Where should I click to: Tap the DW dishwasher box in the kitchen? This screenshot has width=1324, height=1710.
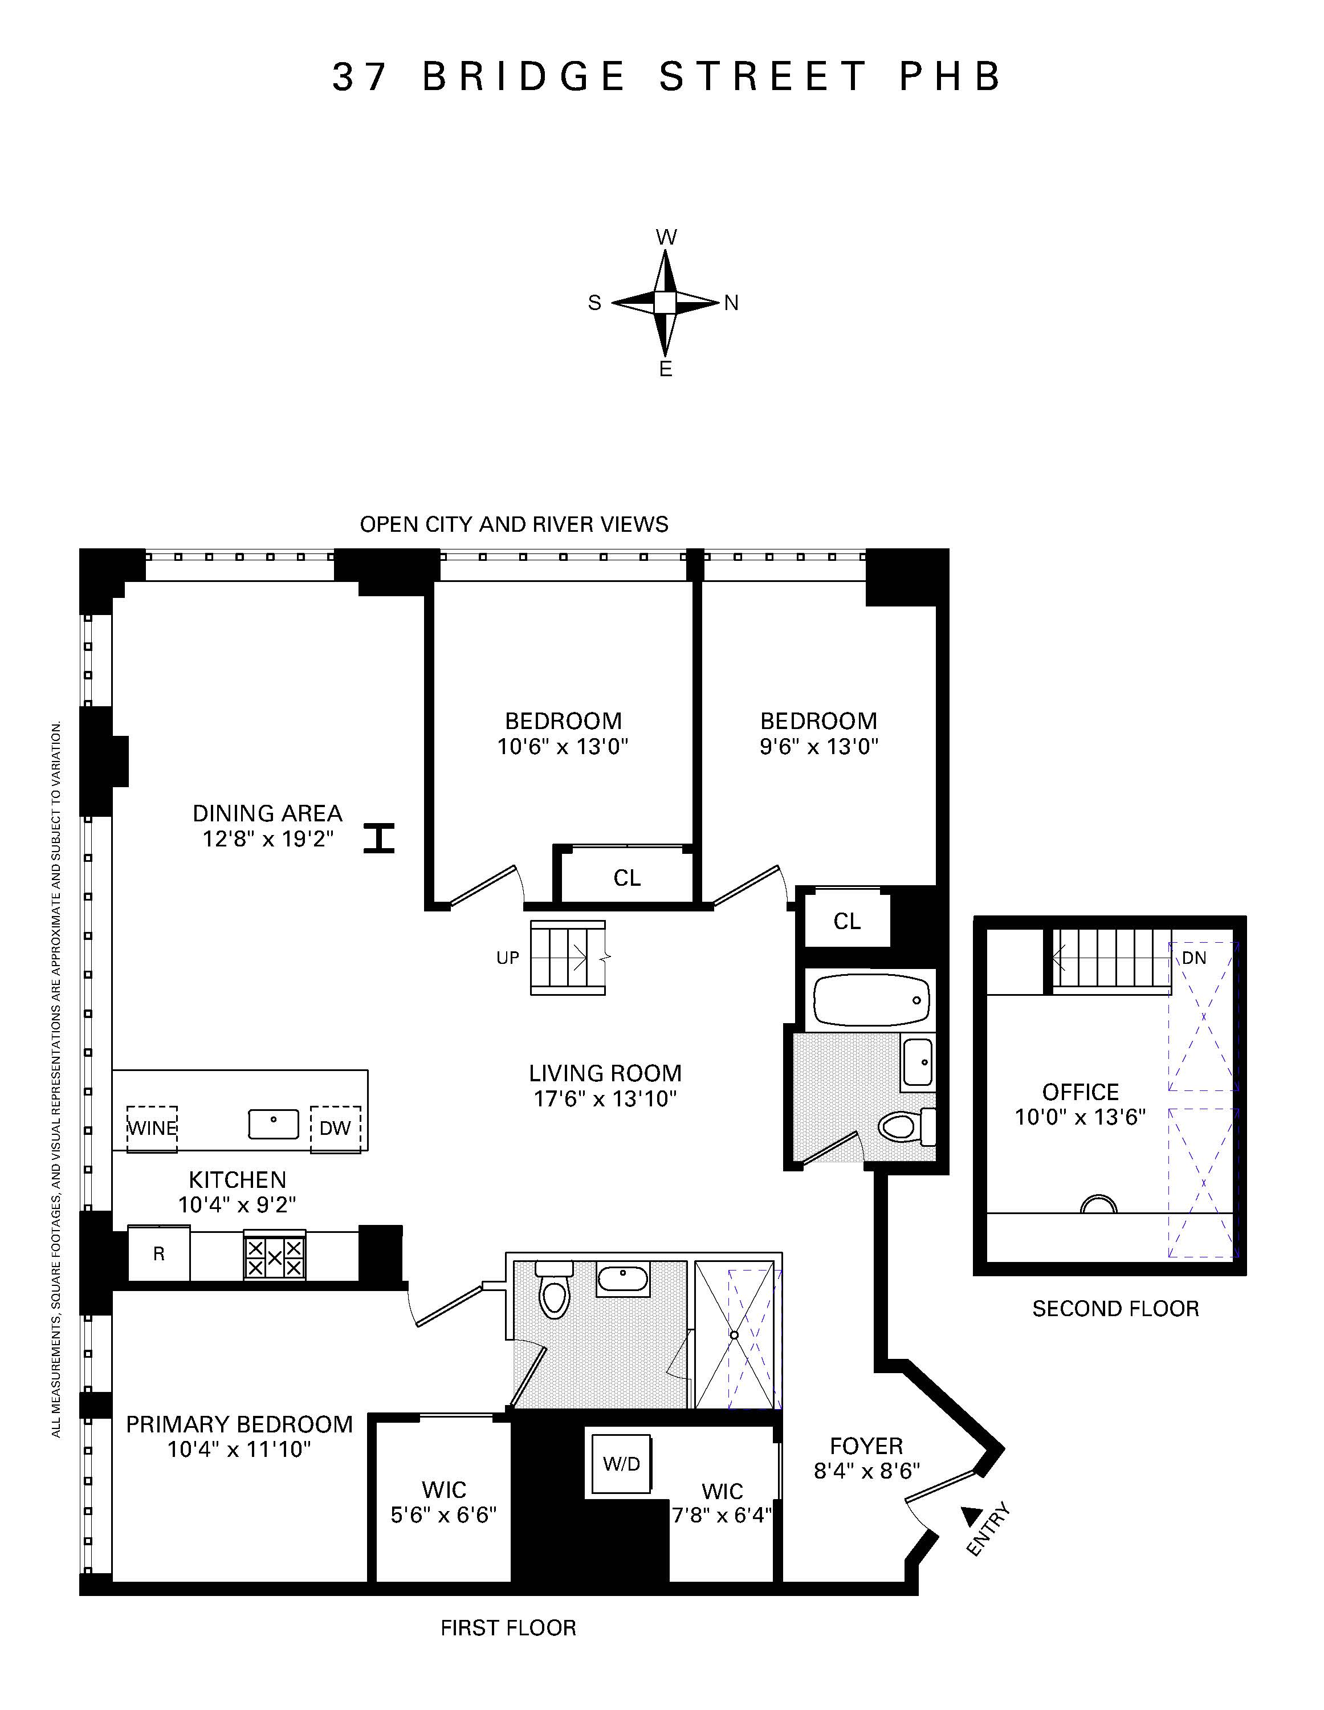[335, 1128]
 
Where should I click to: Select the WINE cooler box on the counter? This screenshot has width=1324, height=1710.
[152, 1128]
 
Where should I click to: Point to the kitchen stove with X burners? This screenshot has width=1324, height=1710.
[274, 1257]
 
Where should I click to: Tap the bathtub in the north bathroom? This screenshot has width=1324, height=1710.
[871, 999]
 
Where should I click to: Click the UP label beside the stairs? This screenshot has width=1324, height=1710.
[507, 958]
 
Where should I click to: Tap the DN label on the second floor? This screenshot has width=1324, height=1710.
[1193, 958]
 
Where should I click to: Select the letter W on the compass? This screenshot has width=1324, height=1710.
[666, 237]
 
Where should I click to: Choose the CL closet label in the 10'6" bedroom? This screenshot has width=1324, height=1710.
[626, 878]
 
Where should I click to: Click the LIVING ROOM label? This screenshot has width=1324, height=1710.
[605, 1073]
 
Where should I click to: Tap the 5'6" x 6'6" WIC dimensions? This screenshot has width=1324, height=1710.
[443, 1515]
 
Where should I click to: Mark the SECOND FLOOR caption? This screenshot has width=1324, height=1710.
[1115, 1308]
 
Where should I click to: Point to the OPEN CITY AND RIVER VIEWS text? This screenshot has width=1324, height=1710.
[514, 524]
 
